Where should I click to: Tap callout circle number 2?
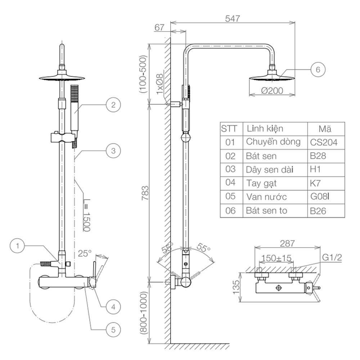(x=113, y=105)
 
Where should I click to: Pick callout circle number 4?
(x=113, y=307)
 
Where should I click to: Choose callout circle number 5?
(x=113, y=329)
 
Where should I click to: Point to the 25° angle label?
(x=85, y=253)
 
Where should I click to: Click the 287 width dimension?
(x=287, y=243)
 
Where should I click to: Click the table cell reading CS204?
(x=324, y=143)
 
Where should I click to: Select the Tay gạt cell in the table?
(x=261, y=183)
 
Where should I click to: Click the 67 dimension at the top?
(x=160, y=28)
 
